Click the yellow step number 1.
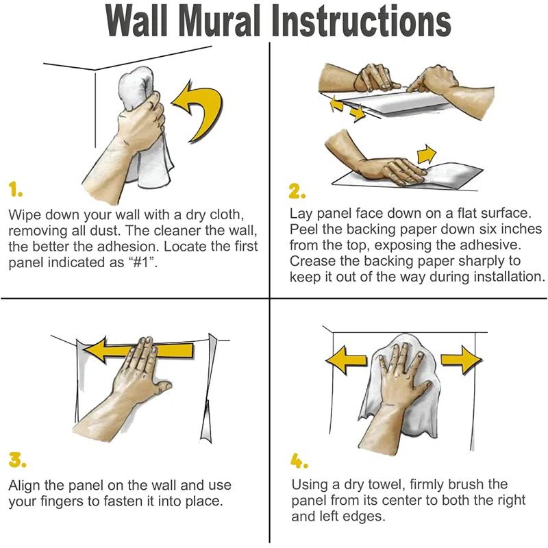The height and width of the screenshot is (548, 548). [x=14, y=187]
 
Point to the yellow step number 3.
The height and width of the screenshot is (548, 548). [x=17, y=457]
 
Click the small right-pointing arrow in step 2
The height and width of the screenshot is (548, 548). [x=427, y=153]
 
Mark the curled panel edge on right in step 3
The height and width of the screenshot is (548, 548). [x=209, y=384]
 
